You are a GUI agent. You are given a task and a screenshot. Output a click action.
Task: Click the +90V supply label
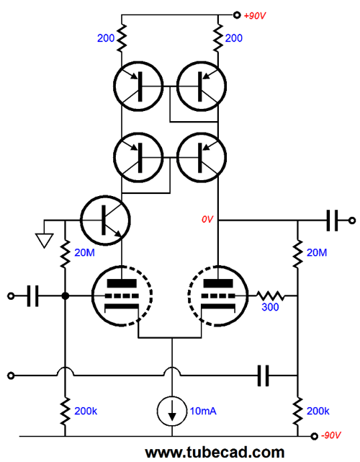tap(255, 16)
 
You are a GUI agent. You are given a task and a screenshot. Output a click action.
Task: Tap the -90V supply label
tap(331, 435)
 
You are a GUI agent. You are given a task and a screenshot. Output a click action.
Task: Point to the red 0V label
tap(207, 219)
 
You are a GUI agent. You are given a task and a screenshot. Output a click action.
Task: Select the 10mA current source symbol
tap(172, 412)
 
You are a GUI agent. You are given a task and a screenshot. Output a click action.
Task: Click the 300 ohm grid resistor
tap(270, 296)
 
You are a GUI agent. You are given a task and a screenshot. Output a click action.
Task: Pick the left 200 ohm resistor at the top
tap(121, 37)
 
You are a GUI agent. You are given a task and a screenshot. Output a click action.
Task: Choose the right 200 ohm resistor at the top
tap(218, 37)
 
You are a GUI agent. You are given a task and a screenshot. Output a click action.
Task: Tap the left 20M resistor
tap(65, 254)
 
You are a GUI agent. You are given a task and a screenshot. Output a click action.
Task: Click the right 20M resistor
tap(297, 254)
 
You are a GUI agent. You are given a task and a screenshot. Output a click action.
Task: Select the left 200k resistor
tap(65, 412)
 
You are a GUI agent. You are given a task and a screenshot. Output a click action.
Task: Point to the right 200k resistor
tap(297, 412)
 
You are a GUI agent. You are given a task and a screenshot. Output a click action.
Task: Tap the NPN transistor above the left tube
tap(105, 220)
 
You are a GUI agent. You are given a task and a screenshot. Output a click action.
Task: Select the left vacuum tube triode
tap(122, 296)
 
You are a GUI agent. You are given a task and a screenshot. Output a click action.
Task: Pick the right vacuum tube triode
tap(218, 296)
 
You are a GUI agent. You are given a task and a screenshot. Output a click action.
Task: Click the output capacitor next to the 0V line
tap(333, 220)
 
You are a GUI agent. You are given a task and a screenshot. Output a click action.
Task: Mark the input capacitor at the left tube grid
tap(32, 296)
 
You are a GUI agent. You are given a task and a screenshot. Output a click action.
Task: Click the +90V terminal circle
tap(237, 14)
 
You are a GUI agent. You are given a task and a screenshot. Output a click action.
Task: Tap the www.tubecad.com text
tap(215, 453)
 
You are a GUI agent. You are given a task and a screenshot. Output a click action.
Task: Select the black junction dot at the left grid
tap(65, 296)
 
